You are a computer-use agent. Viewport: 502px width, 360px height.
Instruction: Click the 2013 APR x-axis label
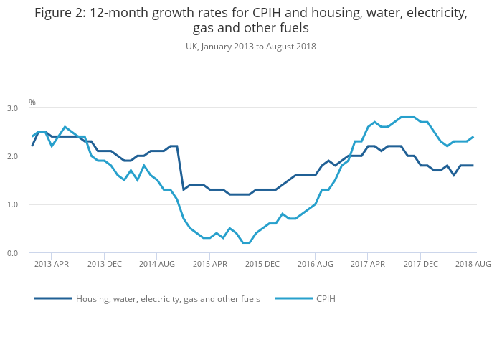[x=52, y=264]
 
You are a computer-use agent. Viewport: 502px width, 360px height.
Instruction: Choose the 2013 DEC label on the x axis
[x=104, y=264]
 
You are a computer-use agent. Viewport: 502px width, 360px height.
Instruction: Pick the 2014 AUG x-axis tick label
[x=157, y=264]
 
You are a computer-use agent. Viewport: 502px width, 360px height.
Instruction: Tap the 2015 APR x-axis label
[x=209, y=264]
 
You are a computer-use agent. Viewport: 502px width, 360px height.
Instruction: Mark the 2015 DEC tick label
[x=262, y=264]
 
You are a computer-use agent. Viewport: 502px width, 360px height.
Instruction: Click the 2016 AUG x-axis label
[x=315, y=264]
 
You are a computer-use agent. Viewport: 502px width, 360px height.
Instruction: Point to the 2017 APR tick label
[x=367, y=264]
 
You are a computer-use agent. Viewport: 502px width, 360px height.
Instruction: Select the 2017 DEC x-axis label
[x=420, y=264]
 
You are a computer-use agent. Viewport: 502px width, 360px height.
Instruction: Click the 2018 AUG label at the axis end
[x=473, y=264]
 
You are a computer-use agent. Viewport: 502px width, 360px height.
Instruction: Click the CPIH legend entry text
[x=326, y=298]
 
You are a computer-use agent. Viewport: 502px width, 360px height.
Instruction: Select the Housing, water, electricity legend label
[x=168, y=298]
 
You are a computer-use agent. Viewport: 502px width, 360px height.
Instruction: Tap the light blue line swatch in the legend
[x=293, y=298]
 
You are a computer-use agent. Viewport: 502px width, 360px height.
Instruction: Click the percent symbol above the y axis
[x=32, y=103]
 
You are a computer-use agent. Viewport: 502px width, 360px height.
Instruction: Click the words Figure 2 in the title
[x=59, y=14]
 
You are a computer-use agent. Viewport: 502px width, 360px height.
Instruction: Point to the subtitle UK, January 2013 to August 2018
[x=251, y=47]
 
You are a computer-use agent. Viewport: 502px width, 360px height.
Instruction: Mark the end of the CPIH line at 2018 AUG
[x=473, y=137]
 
